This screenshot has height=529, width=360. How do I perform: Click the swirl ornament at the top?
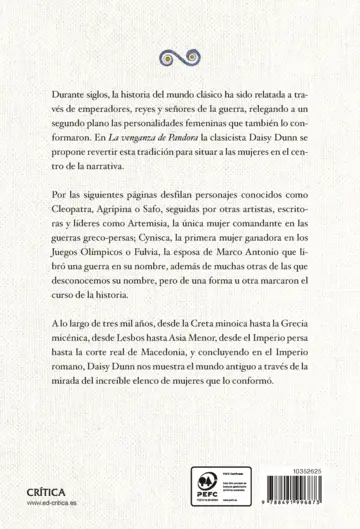180,53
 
